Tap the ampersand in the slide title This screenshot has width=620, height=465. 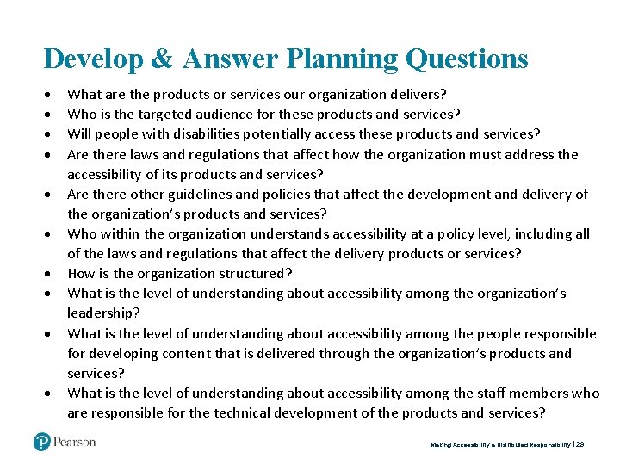[x=164, y=59]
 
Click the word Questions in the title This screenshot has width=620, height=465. [x=467, y=59]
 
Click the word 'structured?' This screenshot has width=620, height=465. [x=257, y=274]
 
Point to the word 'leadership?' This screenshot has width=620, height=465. [x=103, y=313]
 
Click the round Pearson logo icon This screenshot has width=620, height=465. [x=42, y=443]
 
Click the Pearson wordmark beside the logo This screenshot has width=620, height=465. [x=75, y=443]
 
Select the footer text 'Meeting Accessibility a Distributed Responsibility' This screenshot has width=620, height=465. [x=499, y=445]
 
